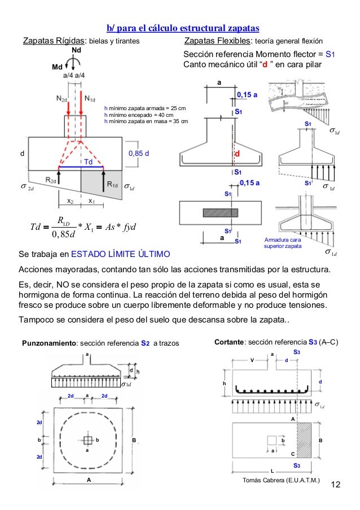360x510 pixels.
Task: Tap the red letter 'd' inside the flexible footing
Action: (x=238, y=154)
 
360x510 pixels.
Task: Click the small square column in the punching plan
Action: (x=87, y=439)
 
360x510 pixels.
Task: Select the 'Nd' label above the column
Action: (x=76, y=51)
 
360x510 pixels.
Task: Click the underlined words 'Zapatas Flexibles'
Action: (x=218, y=42)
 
